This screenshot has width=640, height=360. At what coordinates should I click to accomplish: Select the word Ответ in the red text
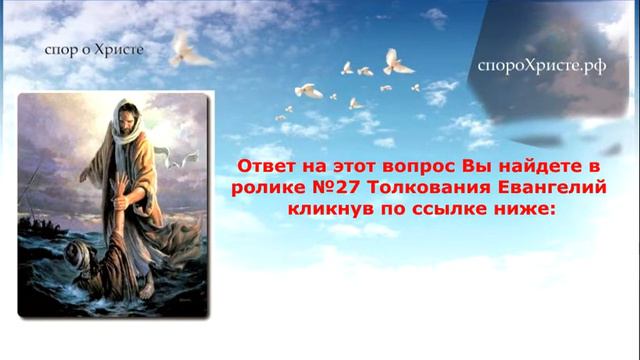(x=267, y=163)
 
